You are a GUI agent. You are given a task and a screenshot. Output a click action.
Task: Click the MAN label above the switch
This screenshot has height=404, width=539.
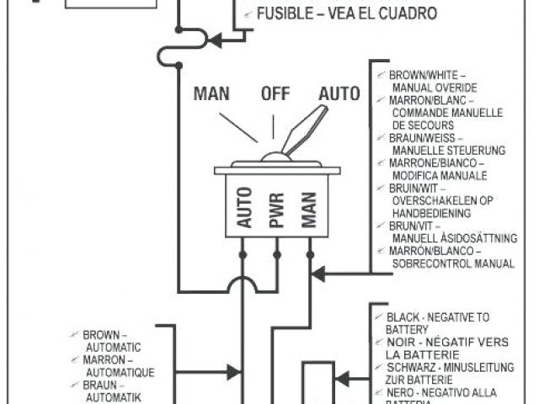[211, 93]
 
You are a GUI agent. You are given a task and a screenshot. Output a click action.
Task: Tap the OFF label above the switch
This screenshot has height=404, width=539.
[275, 93]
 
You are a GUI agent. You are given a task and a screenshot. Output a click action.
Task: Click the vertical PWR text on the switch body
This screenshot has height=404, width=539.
[276, 210]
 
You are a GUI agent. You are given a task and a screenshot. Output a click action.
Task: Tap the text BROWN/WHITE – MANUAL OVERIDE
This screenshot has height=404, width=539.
[432, 81]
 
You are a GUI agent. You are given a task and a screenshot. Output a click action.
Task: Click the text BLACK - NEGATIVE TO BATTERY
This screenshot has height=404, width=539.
[437, 322]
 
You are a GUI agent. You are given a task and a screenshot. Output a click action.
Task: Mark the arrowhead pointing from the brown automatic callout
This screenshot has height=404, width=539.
[235, 368]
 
